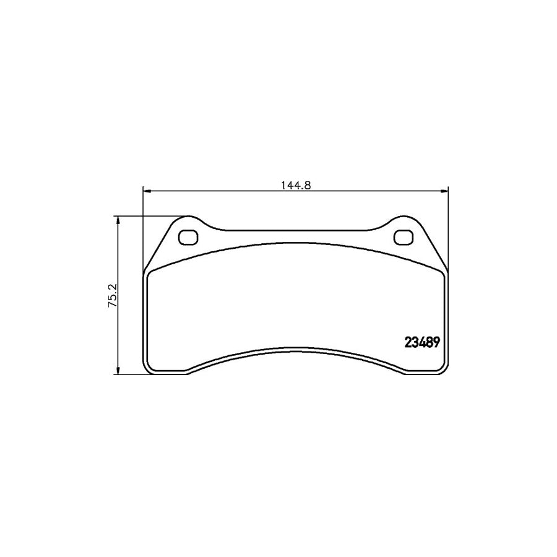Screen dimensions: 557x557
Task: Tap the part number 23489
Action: pyautogui.click(x=421, y=342)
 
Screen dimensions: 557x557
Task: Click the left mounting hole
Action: pyautogui.click(x=187, y=237)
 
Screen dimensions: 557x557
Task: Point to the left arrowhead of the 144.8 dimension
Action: pyautogui.click(x=147, y=191)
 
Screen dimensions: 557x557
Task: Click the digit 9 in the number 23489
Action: pyautogui.click(x=436, y=342)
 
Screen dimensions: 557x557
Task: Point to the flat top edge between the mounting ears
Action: pyautogui.click(x=296, y=231)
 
